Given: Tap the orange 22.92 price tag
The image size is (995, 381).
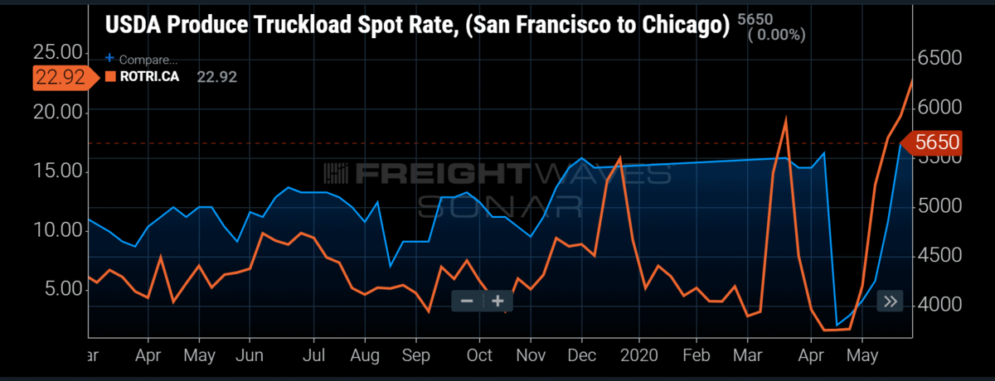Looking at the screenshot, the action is [x=66, y=78].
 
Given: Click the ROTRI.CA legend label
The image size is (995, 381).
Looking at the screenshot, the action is [x=149, y=77].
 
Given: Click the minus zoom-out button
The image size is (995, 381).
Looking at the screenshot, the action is [x=467, y=301].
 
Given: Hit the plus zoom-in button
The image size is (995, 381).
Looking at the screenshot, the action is [x=498, y=301].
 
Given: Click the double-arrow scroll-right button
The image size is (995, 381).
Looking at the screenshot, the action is [x=891, y=301].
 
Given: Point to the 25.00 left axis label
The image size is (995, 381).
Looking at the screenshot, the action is [x=58, y=52].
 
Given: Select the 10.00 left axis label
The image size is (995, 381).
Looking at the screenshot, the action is [x=58, y=229].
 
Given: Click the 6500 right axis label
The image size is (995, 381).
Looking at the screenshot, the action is [x=939, y=58].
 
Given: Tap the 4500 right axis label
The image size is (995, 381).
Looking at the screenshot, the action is [x=939, y=255].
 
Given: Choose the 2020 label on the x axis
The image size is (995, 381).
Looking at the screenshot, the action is [x=639, y=355].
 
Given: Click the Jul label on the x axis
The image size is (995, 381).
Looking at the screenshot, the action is [x=313, y=355].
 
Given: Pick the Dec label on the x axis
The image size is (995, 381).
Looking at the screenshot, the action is [x=582, y=355].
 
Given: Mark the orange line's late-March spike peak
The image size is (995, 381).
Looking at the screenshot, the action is [x=786, y=118].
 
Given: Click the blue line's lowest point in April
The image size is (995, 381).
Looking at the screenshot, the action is [x=837, y=326].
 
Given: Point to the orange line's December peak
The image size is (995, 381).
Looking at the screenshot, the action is [x=620, y=157].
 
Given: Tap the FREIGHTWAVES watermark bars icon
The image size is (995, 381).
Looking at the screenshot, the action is [x=336, y=173].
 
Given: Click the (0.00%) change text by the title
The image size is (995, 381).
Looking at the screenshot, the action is [x=776, y=35].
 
